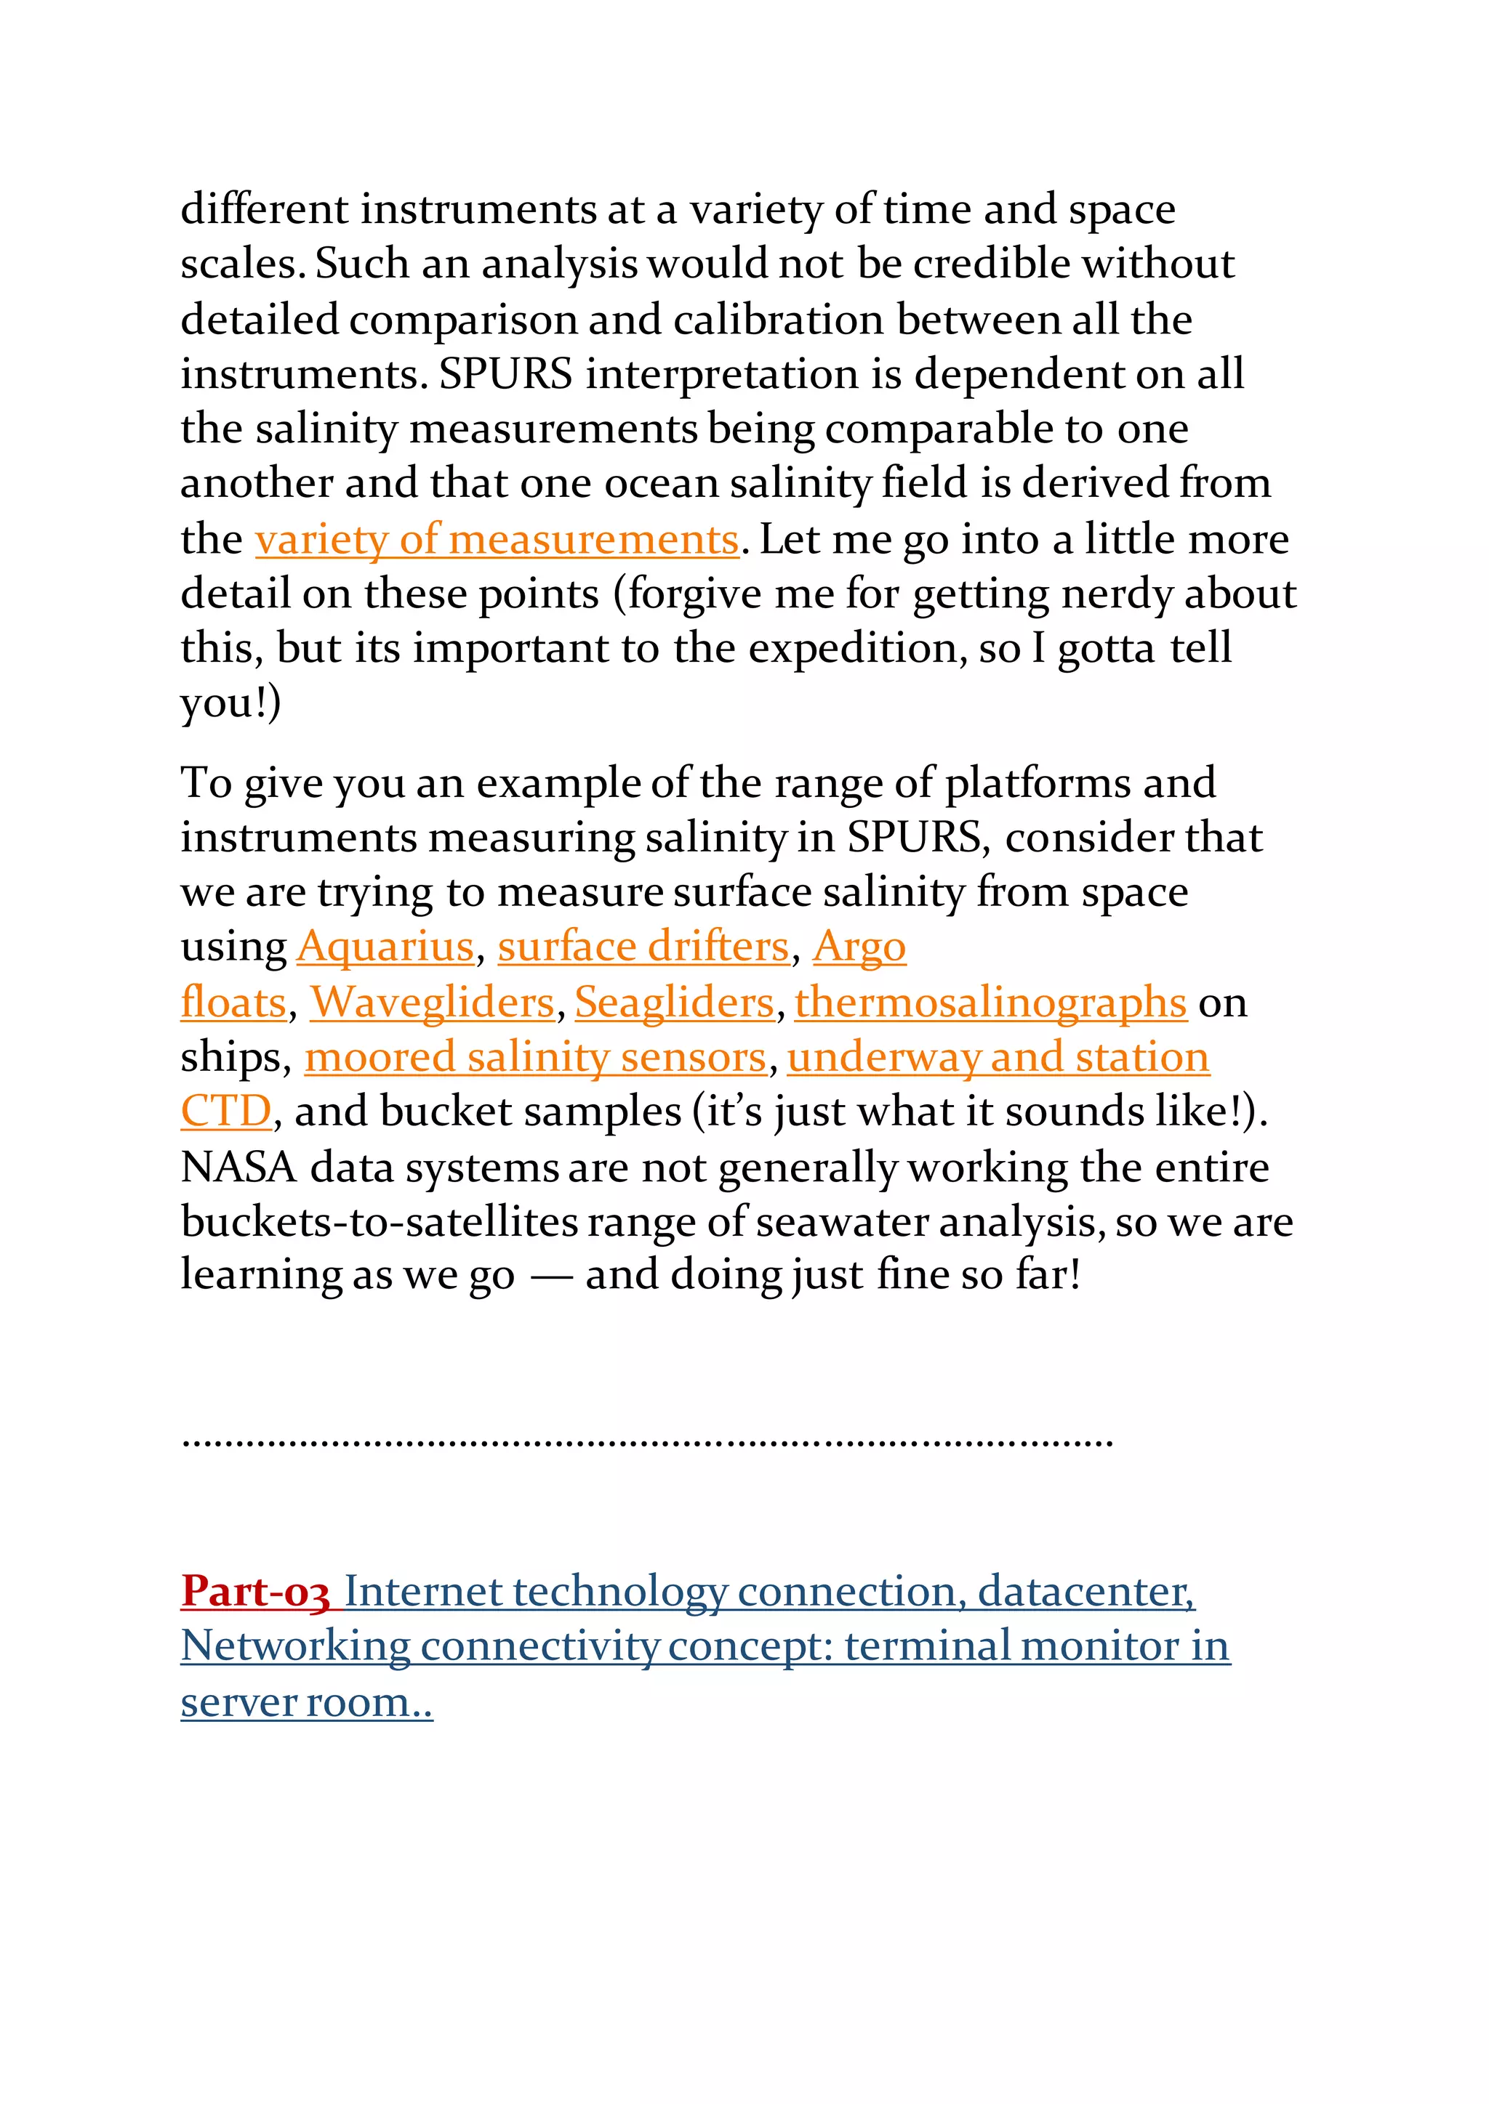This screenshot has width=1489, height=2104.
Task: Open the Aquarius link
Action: pos(385,947)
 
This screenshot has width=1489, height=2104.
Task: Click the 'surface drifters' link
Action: pos(643,947)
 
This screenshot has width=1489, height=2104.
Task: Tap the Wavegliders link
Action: pos(432,1003)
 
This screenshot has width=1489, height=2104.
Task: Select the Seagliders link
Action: pos(674,1003)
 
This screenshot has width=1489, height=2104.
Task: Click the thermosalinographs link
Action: pos(990,1003)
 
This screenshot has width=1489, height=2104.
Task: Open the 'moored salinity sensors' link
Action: pos(534,1058)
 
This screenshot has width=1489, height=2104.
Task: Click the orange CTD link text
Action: pos(225,1112)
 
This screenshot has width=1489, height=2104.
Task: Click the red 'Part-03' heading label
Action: pos(255,1592)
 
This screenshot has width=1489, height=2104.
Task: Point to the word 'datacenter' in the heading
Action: pos(1085,1592)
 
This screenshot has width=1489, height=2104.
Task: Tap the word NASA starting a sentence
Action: pos(238,1168)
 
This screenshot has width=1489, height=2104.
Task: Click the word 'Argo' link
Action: pos(859,947)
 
